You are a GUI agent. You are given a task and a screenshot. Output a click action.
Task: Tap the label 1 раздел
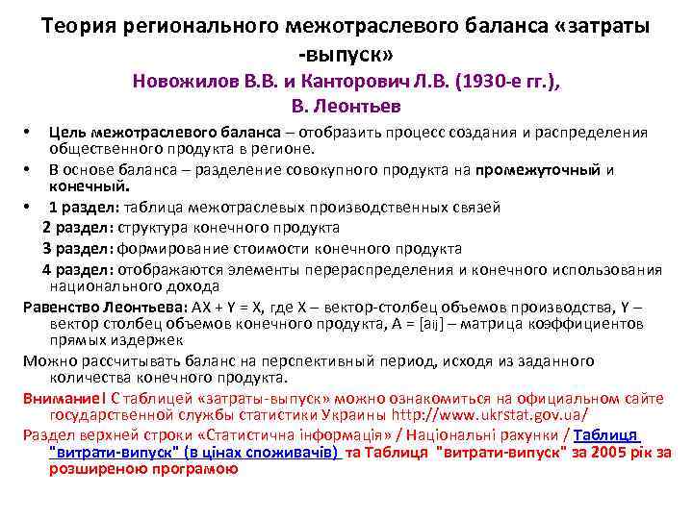tap(81, 207)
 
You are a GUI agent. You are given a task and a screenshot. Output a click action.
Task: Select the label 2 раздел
tap(77, 228)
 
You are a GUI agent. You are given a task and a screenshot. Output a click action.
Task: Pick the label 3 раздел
tap(77, 248)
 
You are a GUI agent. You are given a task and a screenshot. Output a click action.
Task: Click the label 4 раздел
tap(77, 269)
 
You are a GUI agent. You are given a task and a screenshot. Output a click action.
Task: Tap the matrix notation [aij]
tap(432, 324)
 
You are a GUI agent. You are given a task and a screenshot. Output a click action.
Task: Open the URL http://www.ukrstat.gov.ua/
tap(489, 415)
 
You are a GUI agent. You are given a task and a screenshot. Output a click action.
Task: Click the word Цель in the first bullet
tap(67, 132)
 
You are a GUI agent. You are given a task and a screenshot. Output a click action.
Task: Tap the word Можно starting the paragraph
tap(48, 361)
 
